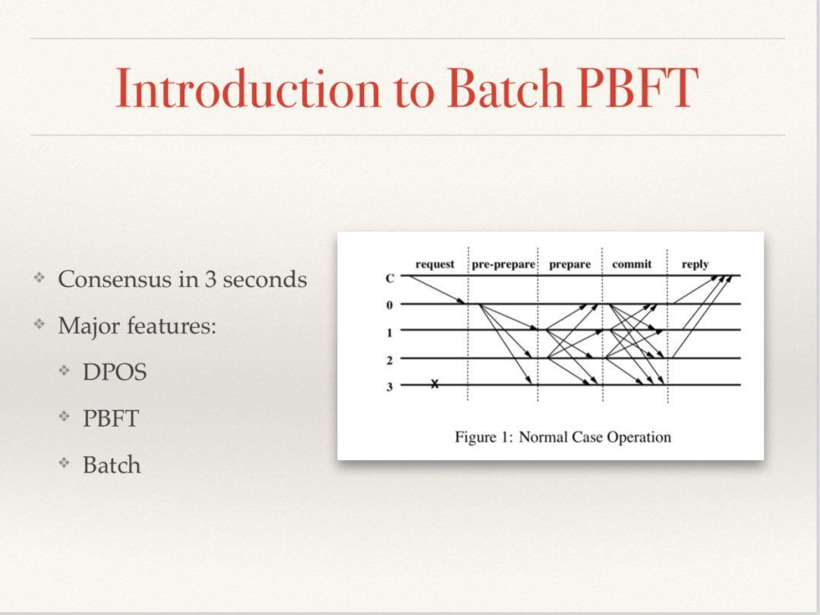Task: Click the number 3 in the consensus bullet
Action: [210, 279]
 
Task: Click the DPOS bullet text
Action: [115, 372]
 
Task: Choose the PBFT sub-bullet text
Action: [111, 419]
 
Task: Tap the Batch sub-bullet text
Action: [112, 465]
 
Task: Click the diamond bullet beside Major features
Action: [39, 325]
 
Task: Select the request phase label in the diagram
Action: [434, 264]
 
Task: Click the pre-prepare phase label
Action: [503, 264]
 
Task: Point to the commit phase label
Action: [632, 264]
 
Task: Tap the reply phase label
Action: [695, 265]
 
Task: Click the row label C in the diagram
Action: [389, 279]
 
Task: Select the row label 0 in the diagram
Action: [389, 305]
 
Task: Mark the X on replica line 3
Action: [434, 384]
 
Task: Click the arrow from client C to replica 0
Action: [437, 289]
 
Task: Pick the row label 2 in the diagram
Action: [389, 360]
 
